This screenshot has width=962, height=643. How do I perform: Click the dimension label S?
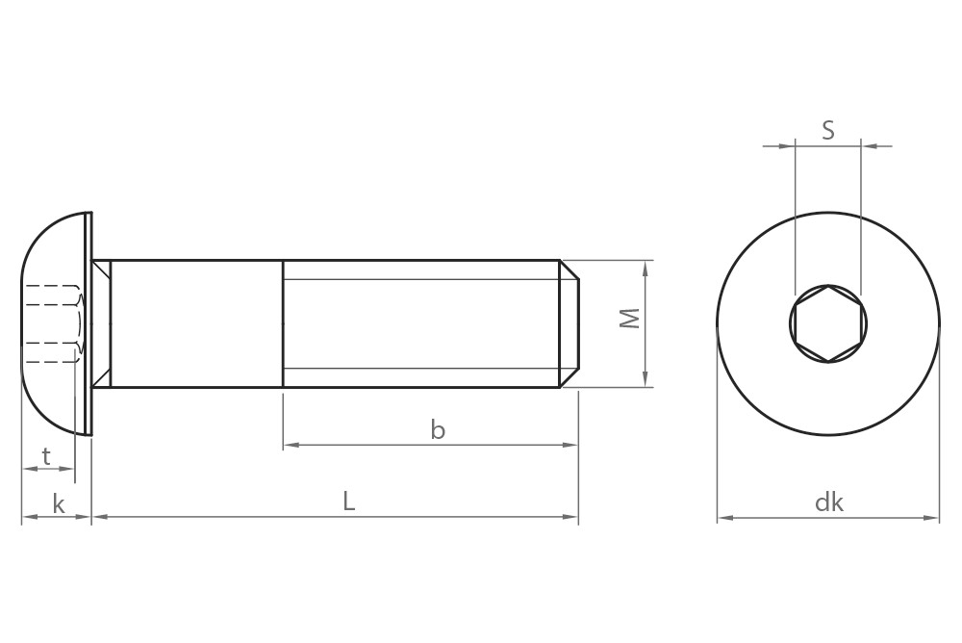[828, 130]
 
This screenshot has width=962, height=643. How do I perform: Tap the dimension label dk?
[828, 502]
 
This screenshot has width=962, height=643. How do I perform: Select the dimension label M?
[629, 319]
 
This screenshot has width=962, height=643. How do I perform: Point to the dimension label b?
[438, 430]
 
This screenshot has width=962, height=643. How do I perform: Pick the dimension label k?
[59, 502]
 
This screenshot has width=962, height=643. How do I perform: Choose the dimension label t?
[46, 454]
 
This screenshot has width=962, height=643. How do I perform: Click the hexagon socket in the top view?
[828, 323]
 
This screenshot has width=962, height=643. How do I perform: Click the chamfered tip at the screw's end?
[569, 323]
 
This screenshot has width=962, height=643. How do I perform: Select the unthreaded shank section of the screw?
[197, 323]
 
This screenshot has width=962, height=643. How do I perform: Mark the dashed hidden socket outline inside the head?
[53, 322]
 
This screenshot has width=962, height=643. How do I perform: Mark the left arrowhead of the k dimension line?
[27, 518]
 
